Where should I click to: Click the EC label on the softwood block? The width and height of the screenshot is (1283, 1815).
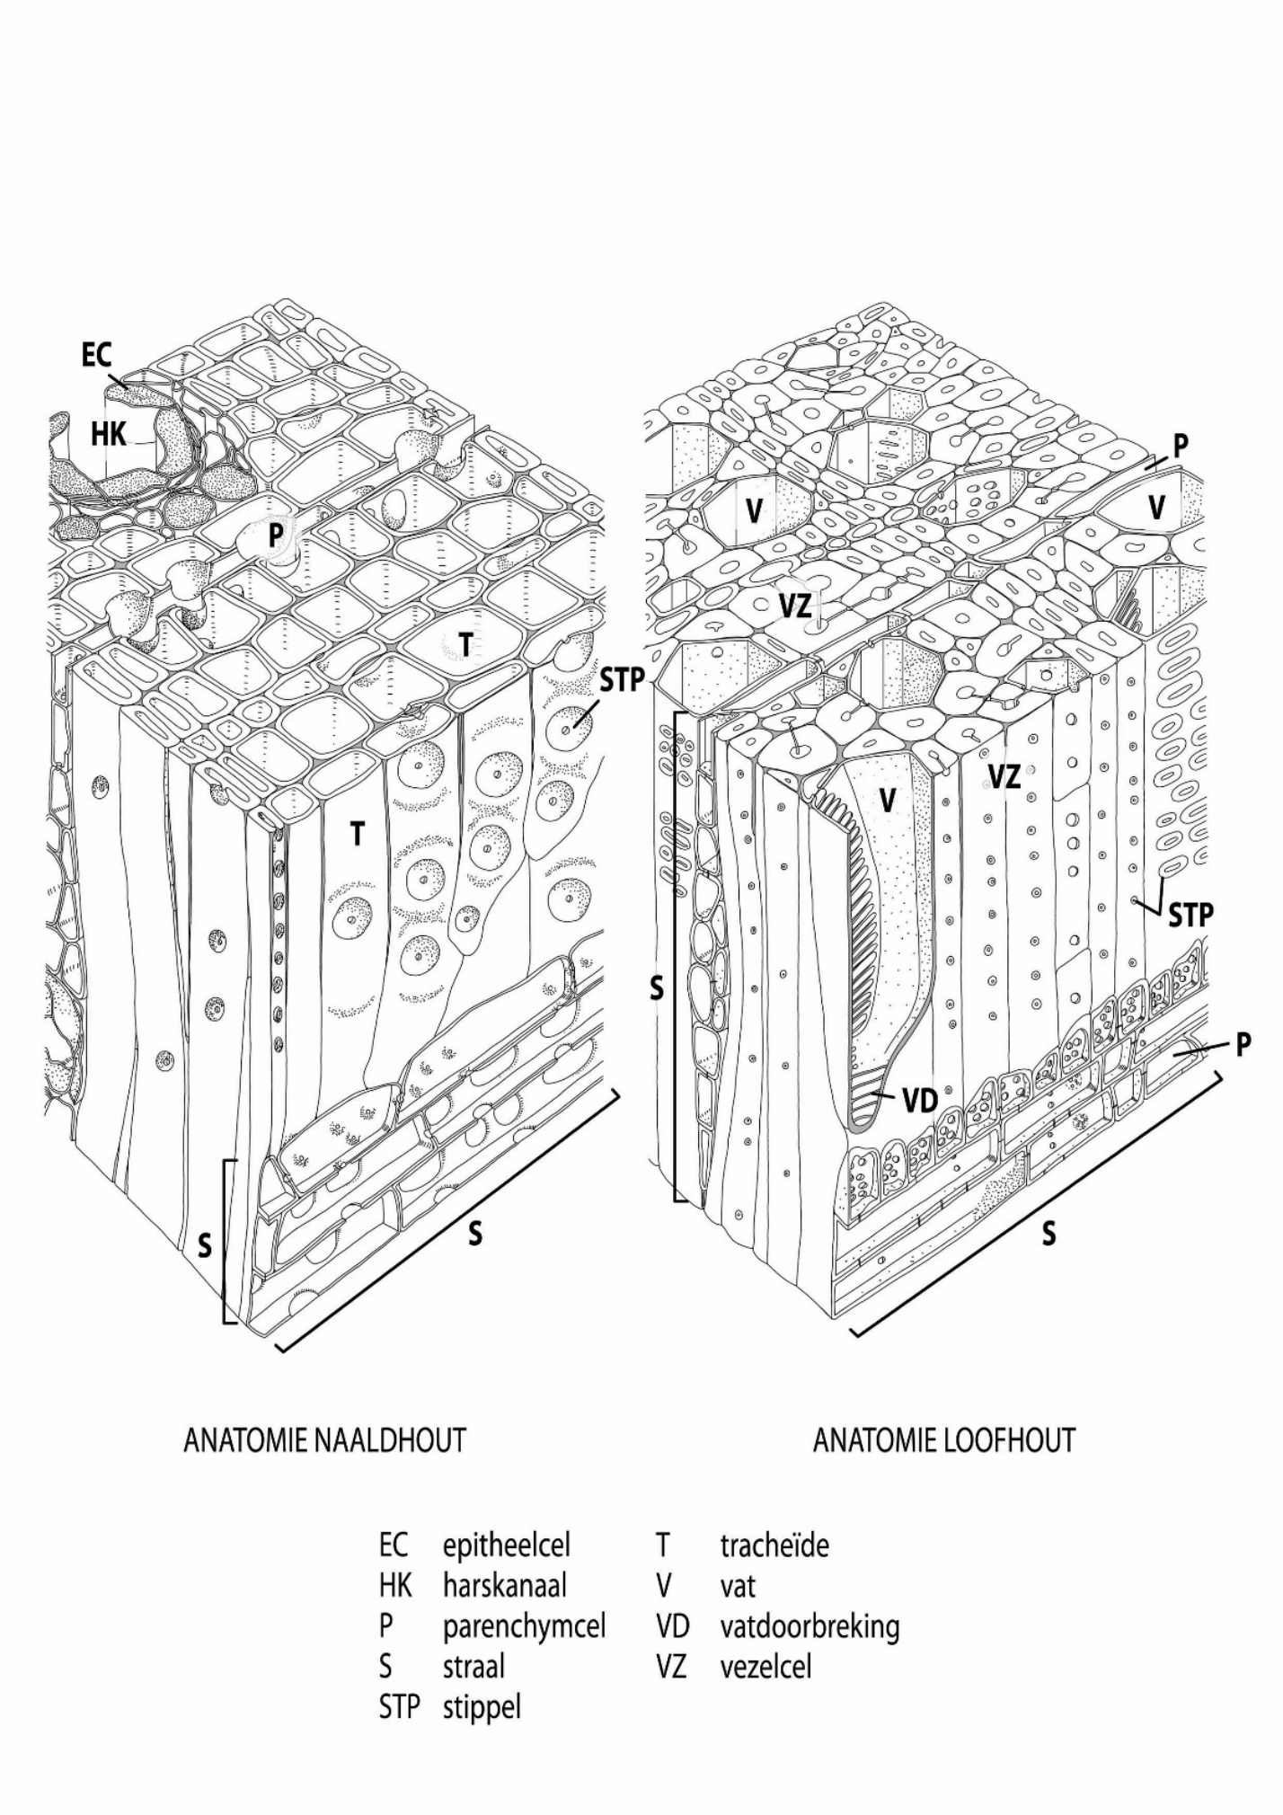click(97, 356)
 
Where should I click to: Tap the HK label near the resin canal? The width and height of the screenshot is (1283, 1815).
click(108, 435)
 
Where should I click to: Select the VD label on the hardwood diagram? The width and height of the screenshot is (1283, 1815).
click(919, 1100)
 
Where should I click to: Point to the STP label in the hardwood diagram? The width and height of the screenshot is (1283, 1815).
click(1190, 916)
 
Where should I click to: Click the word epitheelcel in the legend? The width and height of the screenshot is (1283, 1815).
click(507, 1545)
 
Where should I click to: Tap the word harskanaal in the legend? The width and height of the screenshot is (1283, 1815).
click(504, 1586)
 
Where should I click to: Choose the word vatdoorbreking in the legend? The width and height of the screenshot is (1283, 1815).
click(809, 1626)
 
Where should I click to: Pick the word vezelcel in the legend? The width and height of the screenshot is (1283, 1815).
click(765, 1667)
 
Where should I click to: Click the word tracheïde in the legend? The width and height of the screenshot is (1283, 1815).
click(774, 1545)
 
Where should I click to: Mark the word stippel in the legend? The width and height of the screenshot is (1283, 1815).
click(482, 1707)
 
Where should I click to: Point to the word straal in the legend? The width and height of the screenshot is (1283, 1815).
click(473, 1667)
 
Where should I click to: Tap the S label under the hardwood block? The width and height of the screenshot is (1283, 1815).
click(1049, 1234)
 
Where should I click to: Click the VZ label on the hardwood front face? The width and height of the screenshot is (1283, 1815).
click(1004, 776)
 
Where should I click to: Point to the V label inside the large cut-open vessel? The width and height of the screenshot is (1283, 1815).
click(888, 801)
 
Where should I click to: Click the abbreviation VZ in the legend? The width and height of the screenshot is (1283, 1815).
click(671, 1667)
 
